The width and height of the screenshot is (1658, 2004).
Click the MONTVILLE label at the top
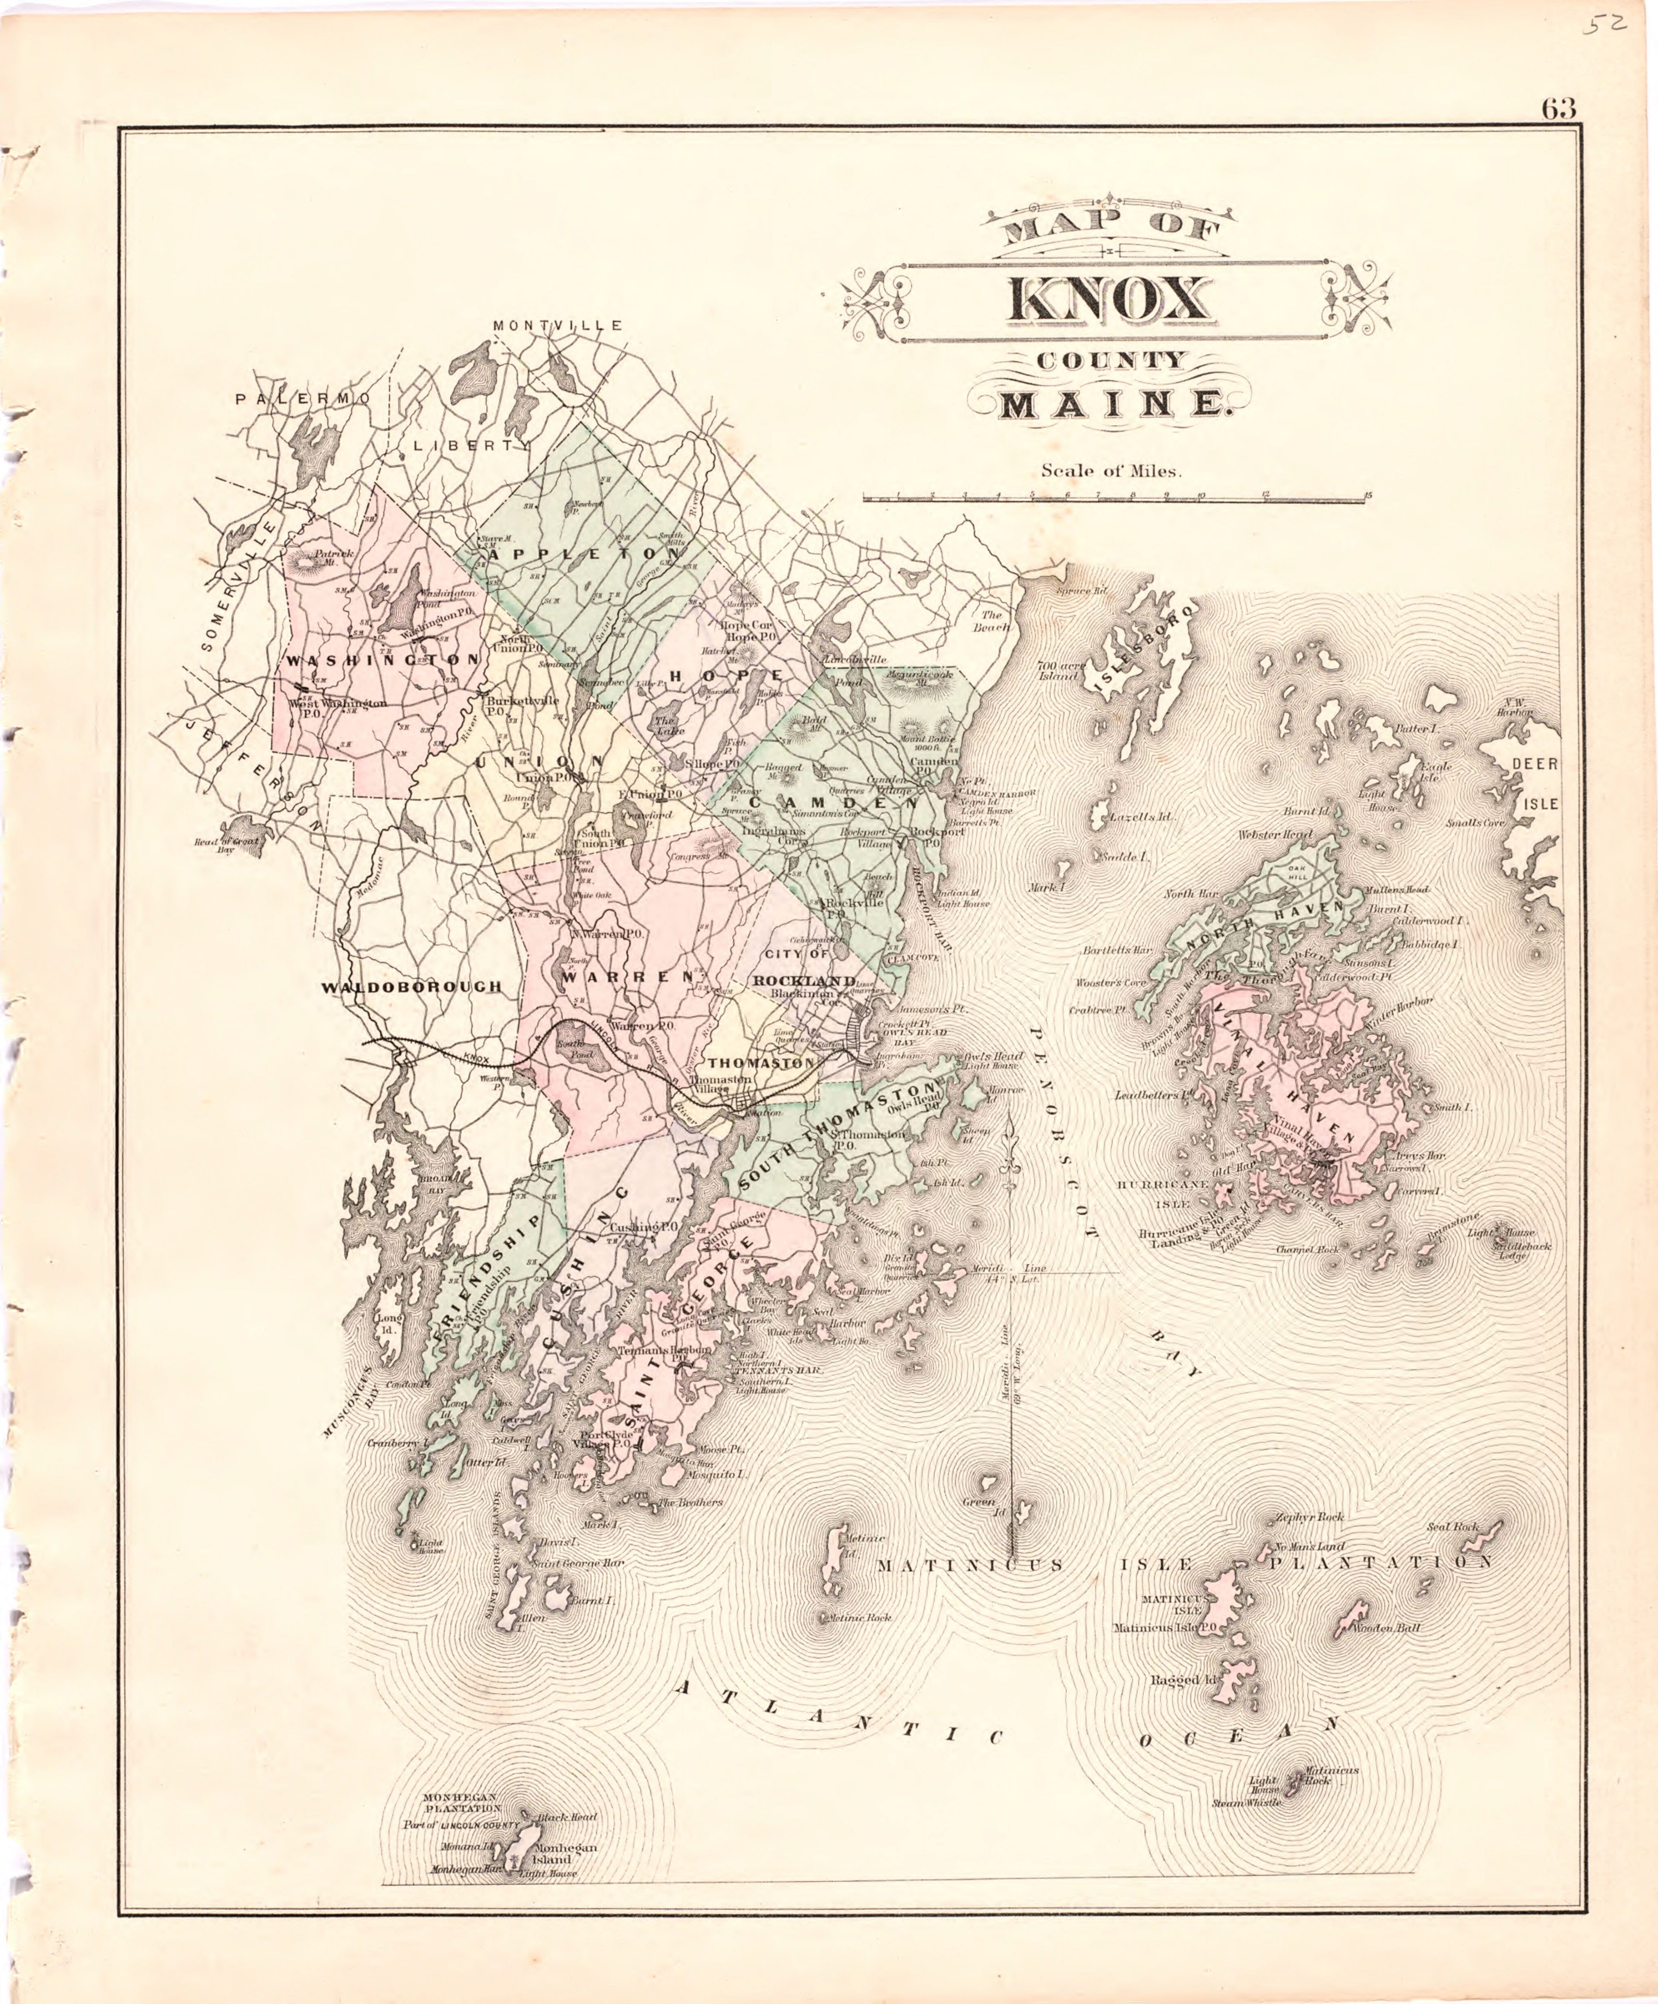click(x=557, y=326)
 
